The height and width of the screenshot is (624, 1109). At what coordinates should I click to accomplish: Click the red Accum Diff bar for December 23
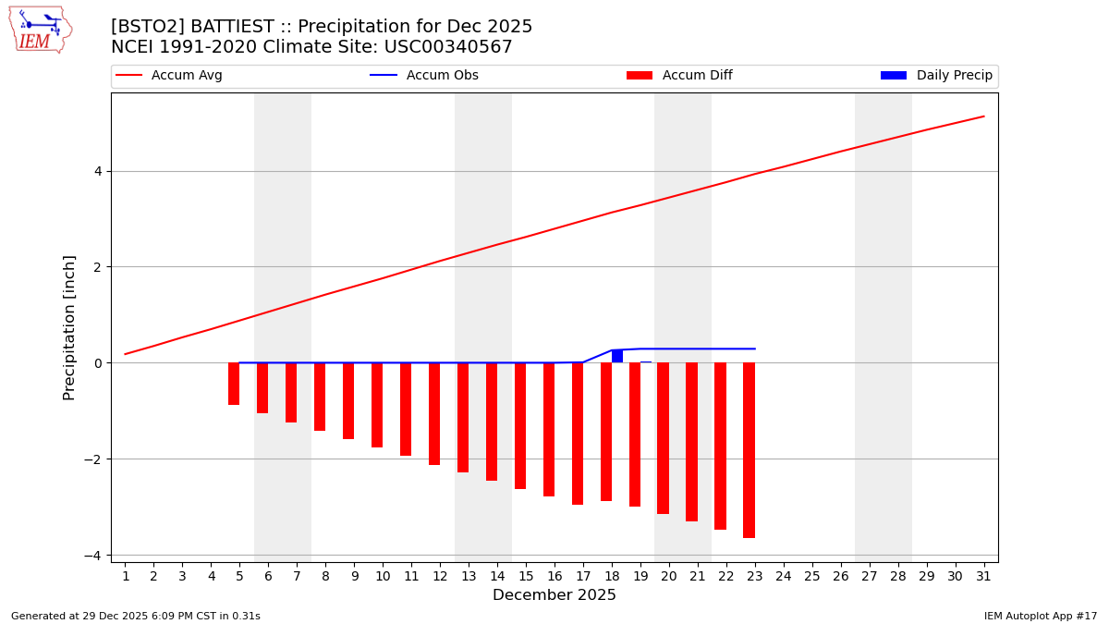pyautogui.click(x=749, y=450)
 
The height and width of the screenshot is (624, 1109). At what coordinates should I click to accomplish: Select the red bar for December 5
pyautogui.click(x=234, y=384)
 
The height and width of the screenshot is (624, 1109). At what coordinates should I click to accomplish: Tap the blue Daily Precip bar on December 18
pyautogui.click(x=617, y=356)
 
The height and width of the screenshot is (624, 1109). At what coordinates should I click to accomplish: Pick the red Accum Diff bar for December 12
pyautogui.click(x=434, y=413)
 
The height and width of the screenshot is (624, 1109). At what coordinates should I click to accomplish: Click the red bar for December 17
pyautogui.click(x=578, y=434)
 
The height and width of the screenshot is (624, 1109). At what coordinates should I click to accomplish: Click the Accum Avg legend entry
pyautogui.click(x=169, y=76)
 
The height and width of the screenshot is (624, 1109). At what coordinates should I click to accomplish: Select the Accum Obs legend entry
pyautogui.click(x=424, y=76)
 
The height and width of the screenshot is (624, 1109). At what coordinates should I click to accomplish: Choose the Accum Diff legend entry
pyautogui.click(x=679, y=76)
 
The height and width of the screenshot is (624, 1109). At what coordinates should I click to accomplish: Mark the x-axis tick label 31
pyautogui.click(x=983, y=576)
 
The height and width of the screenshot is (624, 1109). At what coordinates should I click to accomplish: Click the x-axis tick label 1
pyautogui.click(x=125, y=576)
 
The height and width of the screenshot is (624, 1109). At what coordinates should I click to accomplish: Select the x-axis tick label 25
pyautogui.click(x=811, y=576)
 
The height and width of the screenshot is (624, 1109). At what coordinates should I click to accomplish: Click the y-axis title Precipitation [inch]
pyautogui.click(x=69, y=327)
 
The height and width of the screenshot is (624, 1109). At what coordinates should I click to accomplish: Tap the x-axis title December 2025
pyautogui.click(x=554, y=595)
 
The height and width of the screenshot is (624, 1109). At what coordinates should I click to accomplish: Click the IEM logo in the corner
pyautogui.click(x=41, y=30)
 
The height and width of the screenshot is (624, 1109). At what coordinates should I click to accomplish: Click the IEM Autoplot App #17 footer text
pyautogui.click(x=1041, y=616)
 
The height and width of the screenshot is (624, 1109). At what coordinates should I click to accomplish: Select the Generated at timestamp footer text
pyautogui.click(x=136, y=616)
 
